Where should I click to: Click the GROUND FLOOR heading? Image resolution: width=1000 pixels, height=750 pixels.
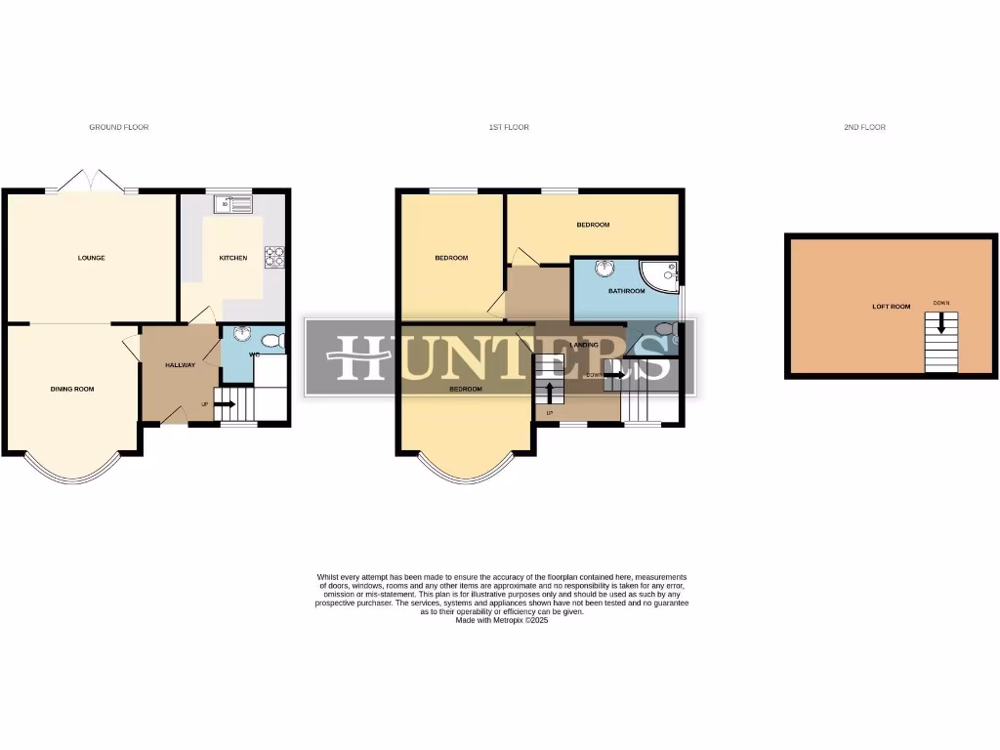[119, 127]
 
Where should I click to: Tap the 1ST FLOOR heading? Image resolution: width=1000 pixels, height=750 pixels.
[509, 127]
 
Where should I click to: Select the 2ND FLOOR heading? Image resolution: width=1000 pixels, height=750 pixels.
[865, 127]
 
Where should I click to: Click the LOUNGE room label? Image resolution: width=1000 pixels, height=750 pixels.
[92, 258]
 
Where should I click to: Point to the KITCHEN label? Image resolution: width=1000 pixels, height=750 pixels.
[232, 258]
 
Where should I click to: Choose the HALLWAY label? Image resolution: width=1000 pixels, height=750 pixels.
[180, 365]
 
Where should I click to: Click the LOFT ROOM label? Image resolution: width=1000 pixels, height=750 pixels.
[891, 307]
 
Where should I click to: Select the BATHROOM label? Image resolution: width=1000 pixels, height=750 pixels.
[626, 291]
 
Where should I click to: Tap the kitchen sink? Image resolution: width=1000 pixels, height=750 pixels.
[235, 204]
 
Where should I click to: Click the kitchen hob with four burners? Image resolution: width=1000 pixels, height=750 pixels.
[274, 256]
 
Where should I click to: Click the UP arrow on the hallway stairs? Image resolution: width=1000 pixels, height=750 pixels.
[224, 403]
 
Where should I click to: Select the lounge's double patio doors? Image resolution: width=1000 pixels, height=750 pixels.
[91, 183]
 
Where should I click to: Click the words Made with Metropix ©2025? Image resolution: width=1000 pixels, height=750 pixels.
[502, 620]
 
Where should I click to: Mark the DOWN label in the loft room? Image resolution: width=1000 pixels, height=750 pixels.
[941, 303]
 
